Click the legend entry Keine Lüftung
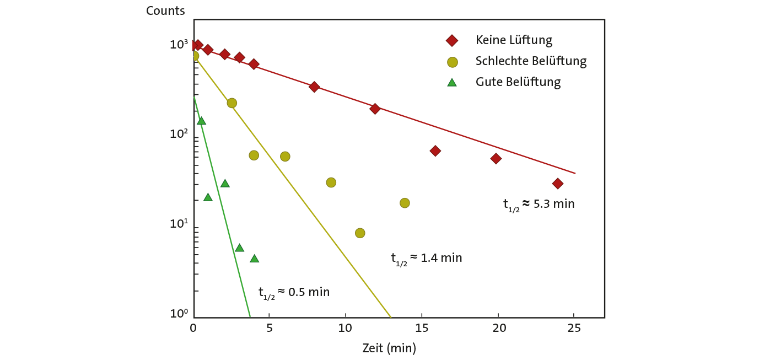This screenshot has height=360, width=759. point(514,40)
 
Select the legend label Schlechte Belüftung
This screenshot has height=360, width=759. point(530,61)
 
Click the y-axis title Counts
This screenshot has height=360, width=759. point(165,11)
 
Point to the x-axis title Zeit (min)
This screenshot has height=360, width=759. point(389,348)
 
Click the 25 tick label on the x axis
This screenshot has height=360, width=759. point(574,327)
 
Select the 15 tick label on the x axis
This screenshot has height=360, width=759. point(422,327)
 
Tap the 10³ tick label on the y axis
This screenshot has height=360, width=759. point(178,45)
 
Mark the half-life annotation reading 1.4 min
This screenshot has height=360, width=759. point(426,259)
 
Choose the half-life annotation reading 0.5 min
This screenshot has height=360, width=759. point(294,293)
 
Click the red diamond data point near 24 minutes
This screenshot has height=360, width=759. point(557,184)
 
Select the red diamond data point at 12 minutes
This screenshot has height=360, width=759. point(375,109)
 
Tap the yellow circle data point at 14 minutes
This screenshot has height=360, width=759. point(405,203)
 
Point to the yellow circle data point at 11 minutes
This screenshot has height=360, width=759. point(360,233)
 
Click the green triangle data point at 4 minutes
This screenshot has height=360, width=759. point(254,259)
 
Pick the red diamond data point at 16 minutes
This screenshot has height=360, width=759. point(435,151)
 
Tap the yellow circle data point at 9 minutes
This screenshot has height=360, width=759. point(331,182)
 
